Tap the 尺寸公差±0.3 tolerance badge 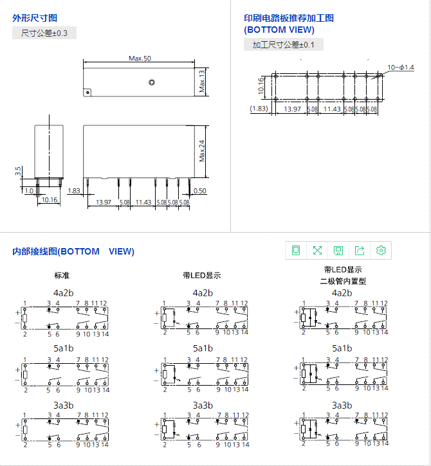(x=44, y=33)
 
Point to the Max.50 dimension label (x=140, y=58)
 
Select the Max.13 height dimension (x=201, y=81)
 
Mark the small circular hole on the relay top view (x=151, y=82)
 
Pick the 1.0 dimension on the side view (x=28, y=191)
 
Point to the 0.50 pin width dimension (x=200, y=191)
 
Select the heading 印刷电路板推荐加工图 (x=289, y=18)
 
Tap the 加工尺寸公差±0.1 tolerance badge (x=284, y=45)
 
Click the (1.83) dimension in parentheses (x=259, y=109)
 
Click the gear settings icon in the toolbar (x=381, y=250)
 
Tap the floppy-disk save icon (x=338, y=250)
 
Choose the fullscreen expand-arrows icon (x=317, y=250)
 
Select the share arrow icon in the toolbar (x=360, y=250)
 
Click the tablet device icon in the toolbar (x=296, y=250)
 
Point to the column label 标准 (x=62, y=275)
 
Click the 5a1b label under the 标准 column (x=63, y=348)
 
